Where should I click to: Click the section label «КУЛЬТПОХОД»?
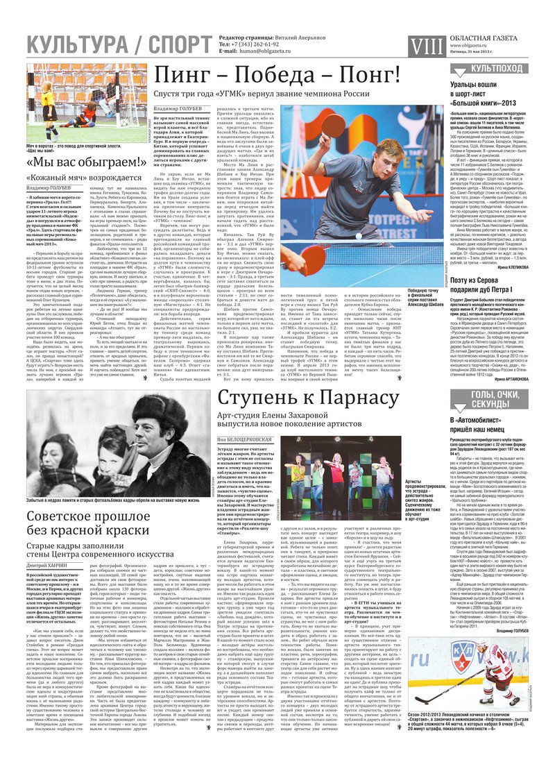(x=497, y=68)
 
